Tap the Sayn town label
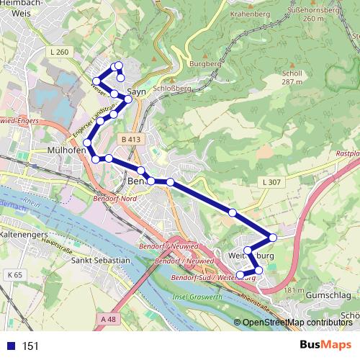coord(137,91)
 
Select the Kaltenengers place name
coord(24,235)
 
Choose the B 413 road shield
coord(130,138)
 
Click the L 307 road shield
coord(271,182)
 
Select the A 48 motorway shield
coord(108,319)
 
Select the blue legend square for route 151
coord(9,346)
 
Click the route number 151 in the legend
coord(30,346)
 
